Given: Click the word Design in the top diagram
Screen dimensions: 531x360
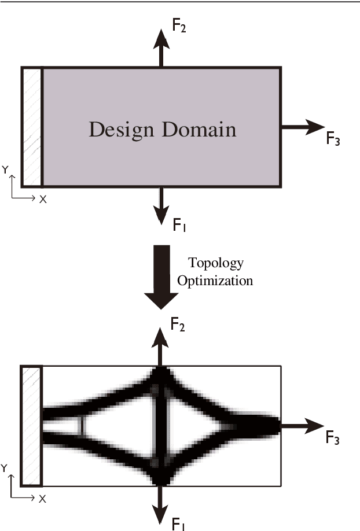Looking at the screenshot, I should point(120,129).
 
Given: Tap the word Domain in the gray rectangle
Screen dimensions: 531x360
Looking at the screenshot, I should point(199,129).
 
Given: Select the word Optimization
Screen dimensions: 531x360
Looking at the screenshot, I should point(215,281).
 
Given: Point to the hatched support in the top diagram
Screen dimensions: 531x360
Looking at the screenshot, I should point(32,127).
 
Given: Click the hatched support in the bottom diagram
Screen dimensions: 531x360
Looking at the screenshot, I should point(31,426).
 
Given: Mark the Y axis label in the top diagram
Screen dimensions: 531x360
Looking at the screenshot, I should point(5,170).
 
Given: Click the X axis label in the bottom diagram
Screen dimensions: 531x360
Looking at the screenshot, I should point(42,499).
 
